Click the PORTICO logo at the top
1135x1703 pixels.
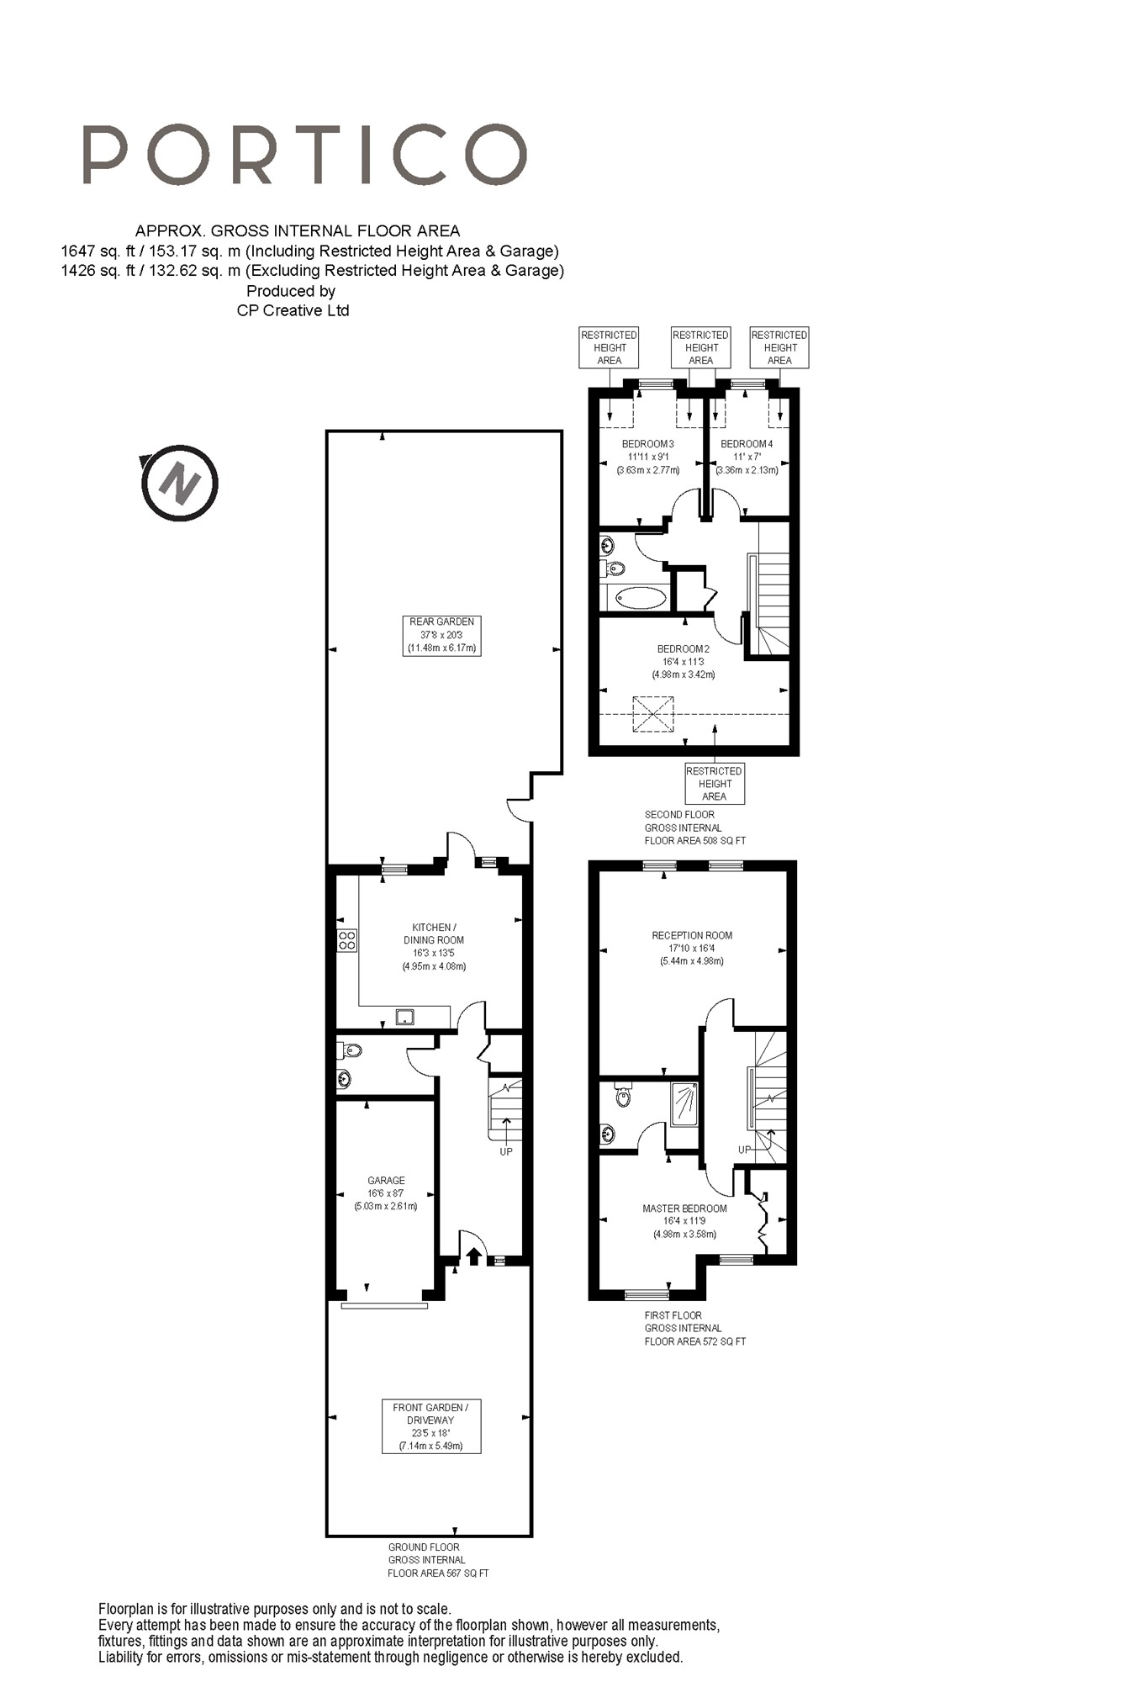pyautogui.click(x=304, y=155)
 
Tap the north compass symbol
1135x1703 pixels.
pyautogui.click(x=180, y=484)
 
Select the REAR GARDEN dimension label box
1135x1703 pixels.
pyautogui.click(x=441, y=635)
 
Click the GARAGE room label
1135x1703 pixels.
pyautogui.click(x=386, y=1180)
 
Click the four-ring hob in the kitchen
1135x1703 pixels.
pyautogui.click(x=346, y=940)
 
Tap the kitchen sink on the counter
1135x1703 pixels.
pyautogui.click(x=404, y=1018)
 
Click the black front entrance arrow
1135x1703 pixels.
pyautogui.click(x=474, y=1256)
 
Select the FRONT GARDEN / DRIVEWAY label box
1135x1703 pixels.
pyautogui.click(x=431, y=1426)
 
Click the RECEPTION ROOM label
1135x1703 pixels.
pyautogui.click(x=692, y=935)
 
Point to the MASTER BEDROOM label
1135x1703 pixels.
pyautogui.click(x=684, y=1208)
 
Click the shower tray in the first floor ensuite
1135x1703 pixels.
pyautogui.click(x=684, y=1104)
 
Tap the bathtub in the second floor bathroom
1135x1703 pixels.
pyautogui.click(x=641, y=598)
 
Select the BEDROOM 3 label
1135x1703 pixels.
pyautogui.click(x=647, y=444)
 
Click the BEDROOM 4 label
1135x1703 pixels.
pyautogui.click(x=747, y=444)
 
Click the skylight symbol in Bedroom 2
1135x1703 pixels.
pyautogui.click(x=653, y=713)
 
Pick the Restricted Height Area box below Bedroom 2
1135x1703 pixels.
pyautogui.click(x=715, y=784)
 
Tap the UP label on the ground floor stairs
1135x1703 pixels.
pyautogui.click(x=506, y=1151)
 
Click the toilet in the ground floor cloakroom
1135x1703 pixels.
pyautogui.click(x=351, y=1050)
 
